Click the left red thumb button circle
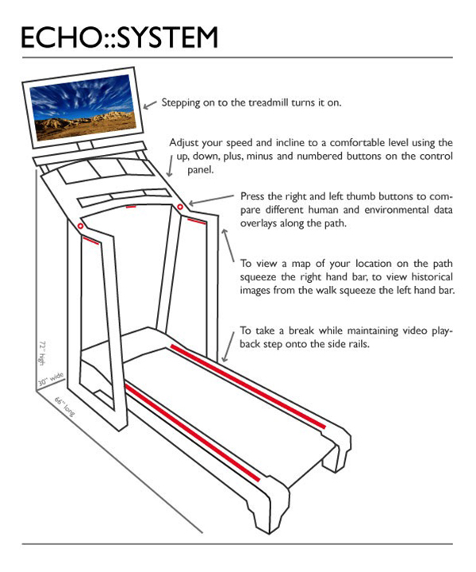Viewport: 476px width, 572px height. pos(80,226)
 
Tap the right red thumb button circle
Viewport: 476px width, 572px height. pos(180,207)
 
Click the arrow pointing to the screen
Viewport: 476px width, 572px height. pos(151,104)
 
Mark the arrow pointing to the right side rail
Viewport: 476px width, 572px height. pos(229,343)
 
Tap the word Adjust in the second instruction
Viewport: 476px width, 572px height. pos(185,142)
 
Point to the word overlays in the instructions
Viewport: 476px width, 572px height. pos(259,224)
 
